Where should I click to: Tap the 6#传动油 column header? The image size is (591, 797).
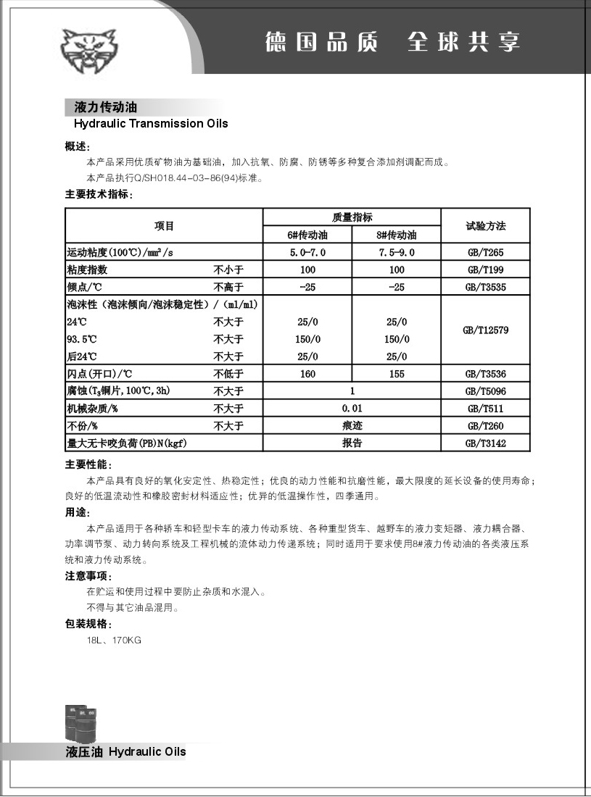[307, 235]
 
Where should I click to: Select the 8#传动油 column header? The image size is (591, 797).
[397, 235]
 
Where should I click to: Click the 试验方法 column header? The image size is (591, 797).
[485, 226]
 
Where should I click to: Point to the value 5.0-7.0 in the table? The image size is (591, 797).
[307, 253]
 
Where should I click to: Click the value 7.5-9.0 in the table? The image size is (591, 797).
[397, 253]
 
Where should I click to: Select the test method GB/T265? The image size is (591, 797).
[485, 253]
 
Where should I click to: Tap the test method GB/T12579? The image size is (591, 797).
[485, 330]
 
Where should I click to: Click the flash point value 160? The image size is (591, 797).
[307, 374]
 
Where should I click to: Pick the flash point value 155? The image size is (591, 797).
[397, 374]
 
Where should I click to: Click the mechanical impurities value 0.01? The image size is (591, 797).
[352, 409]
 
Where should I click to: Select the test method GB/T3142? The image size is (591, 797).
[485, 443]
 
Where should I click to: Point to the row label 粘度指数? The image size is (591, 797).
[87, 270]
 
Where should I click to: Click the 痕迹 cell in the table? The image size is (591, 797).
[352, 426]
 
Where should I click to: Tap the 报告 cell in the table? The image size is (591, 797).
[352, 443]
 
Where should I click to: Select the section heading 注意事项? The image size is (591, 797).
[88, 576]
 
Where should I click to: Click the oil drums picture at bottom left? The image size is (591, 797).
[80, 722]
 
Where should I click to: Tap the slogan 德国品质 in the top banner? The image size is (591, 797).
[321, 41]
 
